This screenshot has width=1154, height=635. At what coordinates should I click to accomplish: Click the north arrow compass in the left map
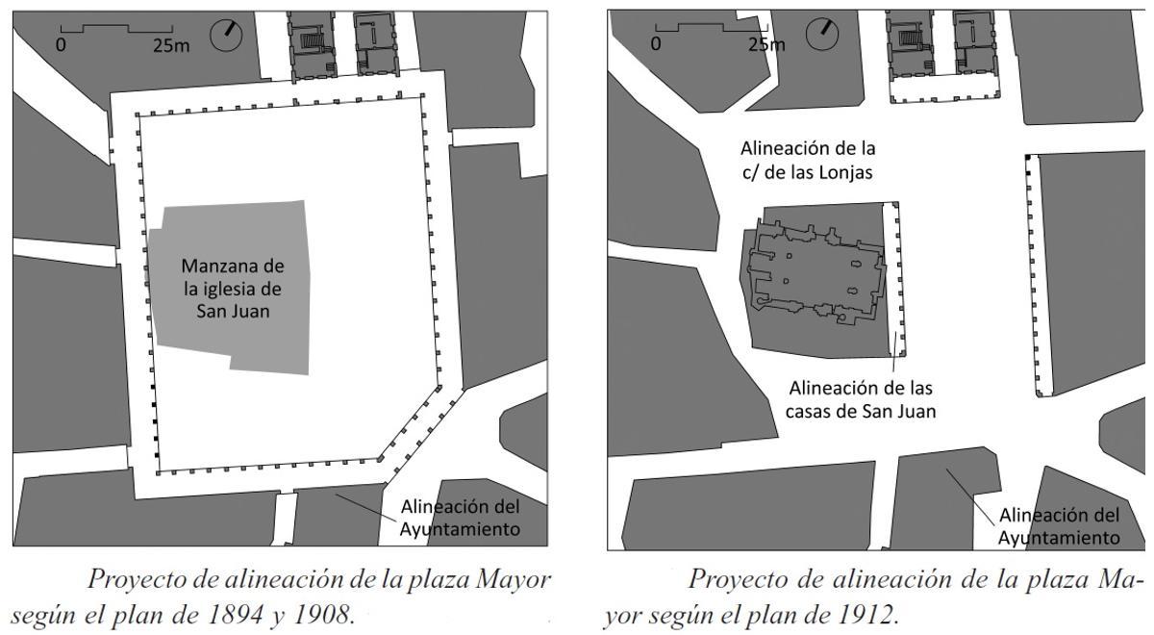point(227,34)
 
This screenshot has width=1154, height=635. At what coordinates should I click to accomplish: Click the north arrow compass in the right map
point(823,34)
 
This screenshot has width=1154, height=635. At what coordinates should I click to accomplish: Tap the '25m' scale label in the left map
point(171,45)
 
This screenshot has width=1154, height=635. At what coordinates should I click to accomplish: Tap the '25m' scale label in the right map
point(765,44)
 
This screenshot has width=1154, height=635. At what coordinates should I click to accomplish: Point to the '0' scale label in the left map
point(61,45)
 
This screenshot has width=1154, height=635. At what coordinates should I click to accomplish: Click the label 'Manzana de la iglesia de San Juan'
point(234,289)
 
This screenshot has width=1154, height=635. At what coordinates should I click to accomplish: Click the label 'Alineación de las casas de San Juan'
point(862,399)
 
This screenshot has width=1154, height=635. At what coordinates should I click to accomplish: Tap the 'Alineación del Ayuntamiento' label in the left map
point(460,518)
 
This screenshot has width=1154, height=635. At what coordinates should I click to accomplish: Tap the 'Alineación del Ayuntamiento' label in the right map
point(1058,526)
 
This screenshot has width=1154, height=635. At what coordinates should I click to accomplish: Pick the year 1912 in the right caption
point(867,614)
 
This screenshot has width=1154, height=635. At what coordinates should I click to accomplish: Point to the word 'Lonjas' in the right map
point(839,172)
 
